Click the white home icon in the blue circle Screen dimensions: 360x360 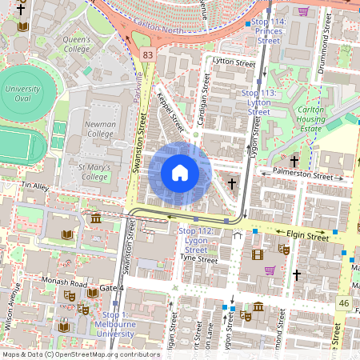click(x=180, y=173)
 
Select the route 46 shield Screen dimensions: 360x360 click(x=343, y=303)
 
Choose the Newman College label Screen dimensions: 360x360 click(x=102, y=129)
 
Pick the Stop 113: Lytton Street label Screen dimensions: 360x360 click(x=258, y=102)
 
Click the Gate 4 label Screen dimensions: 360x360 click(x=111, y=287)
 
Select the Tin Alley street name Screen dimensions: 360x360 click(x=35, y=186)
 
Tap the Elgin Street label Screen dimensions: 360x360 click(x=307, y=236)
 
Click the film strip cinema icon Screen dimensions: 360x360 click(x=257, y=255)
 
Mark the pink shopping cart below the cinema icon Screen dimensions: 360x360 click(x=270, y=270)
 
